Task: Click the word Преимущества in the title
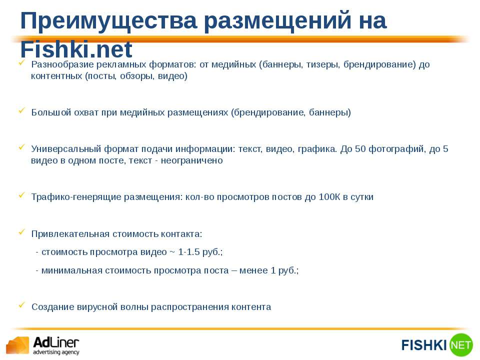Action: pyautogui.click(x=108, y=21)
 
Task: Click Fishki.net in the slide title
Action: pyautogui.click(x=76, y=49)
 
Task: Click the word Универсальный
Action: pyautogui.click(x=66, y=149)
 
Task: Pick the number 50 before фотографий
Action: pyautogui.click(x=360, y=149)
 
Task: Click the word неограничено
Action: pyautogui.click(x=192, y=160)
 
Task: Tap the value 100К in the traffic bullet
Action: pyautogui.click(x=329, y=197)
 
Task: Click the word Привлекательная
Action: pyautogui.click(x=70, y=234)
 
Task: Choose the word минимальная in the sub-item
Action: pyautogui.click(x=72, y=270)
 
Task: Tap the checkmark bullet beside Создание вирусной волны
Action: pyautogui.click(x=21, y=305)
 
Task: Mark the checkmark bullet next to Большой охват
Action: pyautogui.click(x=21, y=110)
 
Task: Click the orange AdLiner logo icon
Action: pyautogui.click(x=17, y=345)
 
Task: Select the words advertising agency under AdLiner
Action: pyautogui.click(x=56, y=352)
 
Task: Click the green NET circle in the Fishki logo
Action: pyautogui.click(x=460, y=345)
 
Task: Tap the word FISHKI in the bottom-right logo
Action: pyautogui.click(x=424, y=345)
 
